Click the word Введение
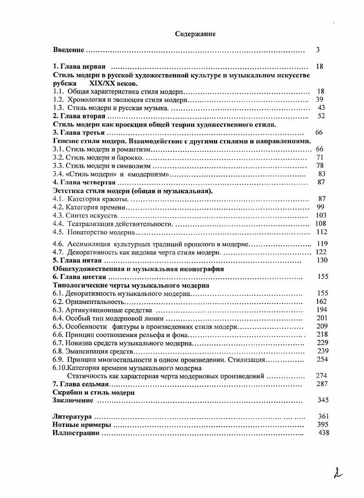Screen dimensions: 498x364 click(68, 50)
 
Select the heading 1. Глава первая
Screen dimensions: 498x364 click(79, 66)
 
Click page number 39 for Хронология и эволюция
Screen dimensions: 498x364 click(320, 100)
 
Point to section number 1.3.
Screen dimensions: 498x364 click(58, 108)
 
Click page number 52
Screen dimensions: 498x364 click(321, 116)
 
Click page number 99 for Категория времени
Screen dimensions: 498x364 click(320, 207)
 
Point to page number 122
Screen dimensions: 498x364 click(321, 252)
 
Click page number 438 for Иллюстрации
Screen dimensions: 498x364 click(323, 433)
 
